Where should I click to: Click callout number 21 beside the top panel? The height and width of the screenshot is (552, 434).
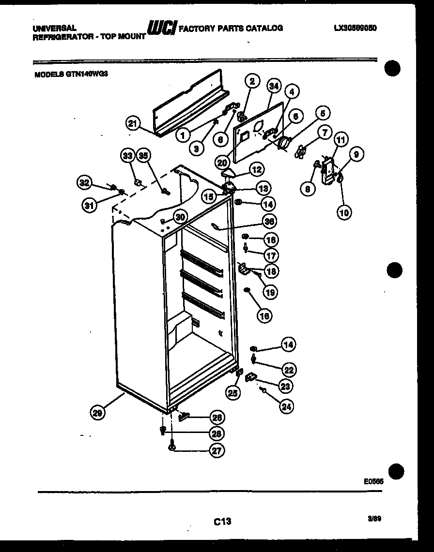tap(133, 123)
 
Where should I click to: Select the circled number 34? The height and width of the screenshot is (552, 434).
tap(274, 86)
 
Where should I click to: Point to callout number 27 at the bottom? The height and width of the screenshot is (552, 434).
tap(217, 450)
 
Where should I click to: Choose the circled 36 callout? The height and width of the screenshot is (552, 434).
tap(269, 221)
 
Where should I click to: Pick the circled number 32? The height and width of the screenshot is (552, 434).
tap(84, 182)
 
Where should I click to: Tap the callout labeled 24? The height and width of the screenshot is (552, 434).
tap(286, 406)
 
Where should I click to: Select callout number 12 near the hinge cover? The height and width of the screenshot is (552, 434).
tap(256, 169)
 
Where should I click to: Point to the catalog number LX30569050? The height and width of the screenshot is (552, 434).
tap(355, 28)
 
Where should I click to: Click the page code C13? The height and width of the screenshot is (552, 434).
tap(222, 521)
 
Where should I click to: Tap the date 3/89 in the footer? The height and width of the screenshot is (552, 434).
tap(374, 519)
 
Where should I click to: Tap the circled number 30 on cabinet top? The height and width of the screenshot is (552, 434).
tap(180, 217)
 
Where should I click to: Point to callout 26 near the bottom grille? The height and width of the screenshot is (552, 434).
tap(217, 417)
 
